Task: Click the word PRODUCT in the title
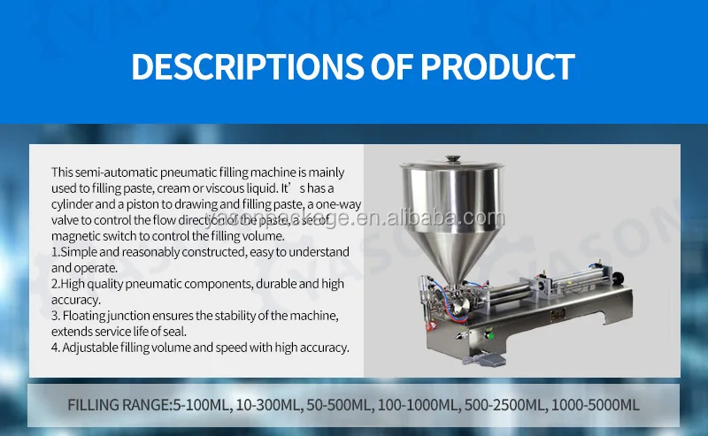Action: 497,66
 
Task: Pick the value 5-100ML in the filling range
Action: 196,405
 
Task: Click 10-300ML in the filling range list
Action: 263,405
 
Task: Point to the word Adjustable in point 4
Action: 92,348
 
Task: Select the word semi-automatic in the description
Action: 115,172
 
